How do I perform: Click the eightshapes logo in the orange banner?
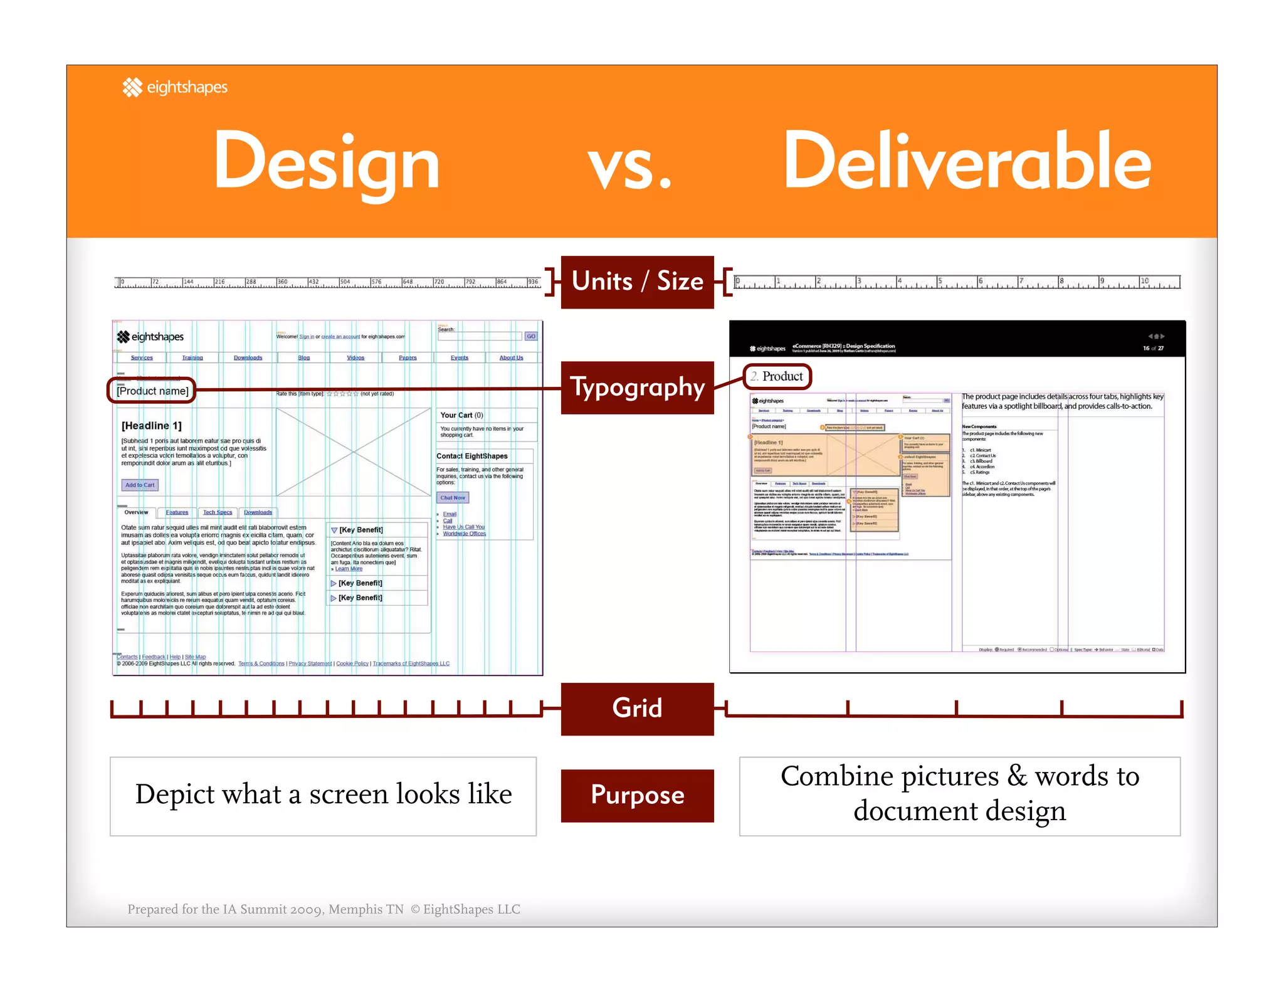pos(175,87)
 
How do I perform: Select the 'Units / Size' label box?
pos(637,282)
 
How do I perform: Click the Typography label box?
pos(637,388)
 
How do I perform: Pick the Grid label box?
pos(637,709)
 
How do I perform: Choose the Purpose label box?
pos(637,795)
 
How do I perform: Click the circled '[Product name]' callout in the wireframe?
pos(152,391)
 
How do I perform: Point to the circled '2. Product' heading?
pos(777,376)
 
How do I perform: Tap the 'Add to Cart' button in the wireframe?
pos(140,485)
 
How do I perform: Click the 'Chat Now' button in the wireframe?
pos(453,497)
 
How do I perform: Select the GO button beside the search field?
pos(531,336)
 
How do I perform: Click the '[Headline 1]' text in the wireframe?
pos(152,426)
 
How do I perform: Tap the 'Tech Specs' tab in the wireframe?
pos(217,512)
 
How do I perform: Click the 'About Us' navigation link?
pos(511,357)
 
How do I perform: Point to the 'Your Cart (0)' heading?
pos(461,415)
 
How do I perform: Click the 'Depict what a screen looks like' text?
pos(324,795)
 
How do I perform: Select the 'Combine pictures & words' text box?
pos(959,795)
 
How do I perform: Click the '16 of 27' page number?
pos(1152,348)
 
